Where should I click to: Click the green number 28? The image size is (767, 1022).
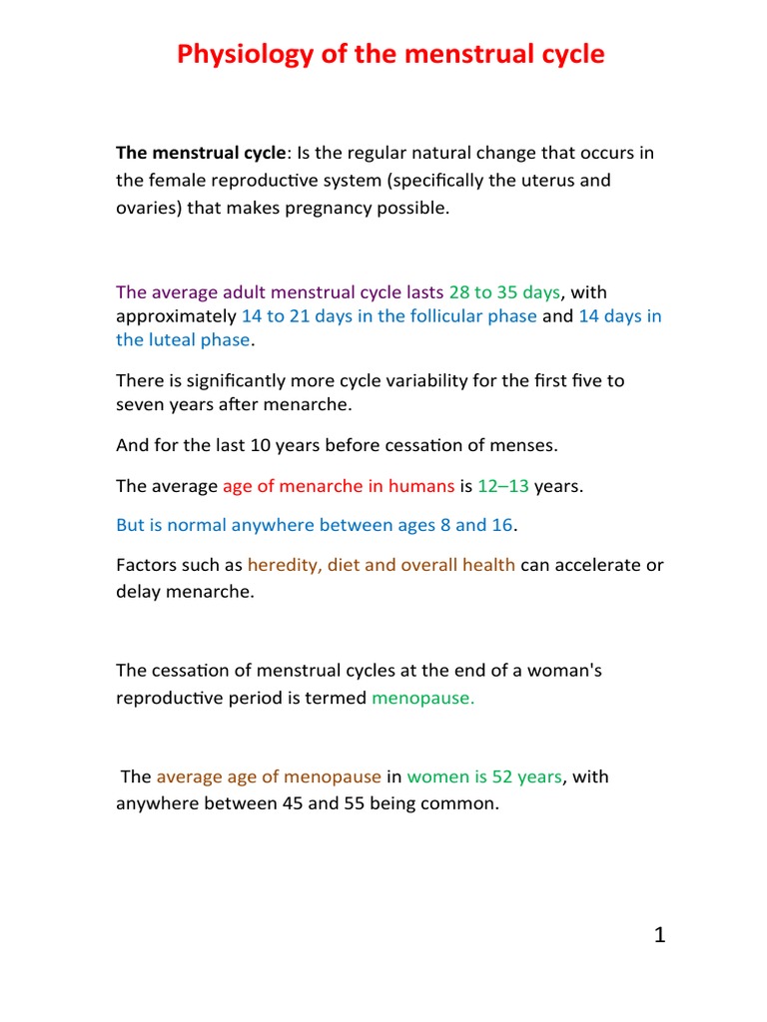tap(460, 292)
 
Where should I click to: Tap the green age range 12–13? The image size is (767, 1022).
tap(503, 486)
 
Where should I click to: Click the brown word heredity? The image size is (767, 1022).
tap(280, 565)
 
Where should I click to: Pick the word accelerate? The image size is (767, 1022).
tap(593, 565)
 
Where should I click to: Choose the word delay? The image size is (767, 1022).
tap(137, 591)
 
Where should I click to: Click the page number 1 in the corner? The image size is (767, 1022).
tap(659, 935)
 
